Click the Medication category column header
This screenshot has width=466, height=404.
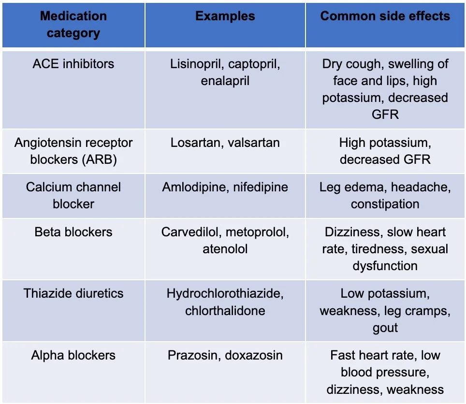pyautogui.click(x=73, y=25)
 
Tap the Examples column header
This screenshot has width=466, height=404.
pyautogui.click(x=225, y=16)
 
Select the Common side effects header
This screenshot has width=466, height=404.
pyautogui.click(x=385, y=16)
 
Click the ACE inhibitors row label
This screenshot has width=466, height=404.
pyautogui.click(x=73, y=64)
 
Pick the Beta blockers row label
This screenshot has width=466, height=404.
pyautogui.click(x=73, y=232)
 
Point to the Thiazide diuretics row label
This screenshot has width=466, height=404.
pyautogui.click(x=73, y=293)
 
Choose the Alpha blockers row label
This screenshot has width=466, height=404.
pyautogui.click(x=73, y=356)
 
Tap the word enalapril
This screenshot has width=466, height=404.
pyautogui.click(x=225, y=81)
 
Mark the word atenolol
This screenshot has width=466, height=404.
pyautogui.click(x=225, y=249)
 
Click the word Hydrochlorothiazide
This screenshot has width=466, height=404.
pyautogui.click(x=225, y=293)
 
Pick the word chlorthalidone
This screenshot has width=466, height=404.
pyautogui.click(x=225, y=310)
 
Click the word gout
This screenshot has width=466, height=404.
pyautogui.click(x=385, y=327)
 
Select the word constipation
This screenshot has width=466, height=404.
pyautogui.click(x=385, y=204)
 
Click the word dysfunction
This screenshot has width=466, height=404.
pyautogui.click(x=385, y=266)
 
